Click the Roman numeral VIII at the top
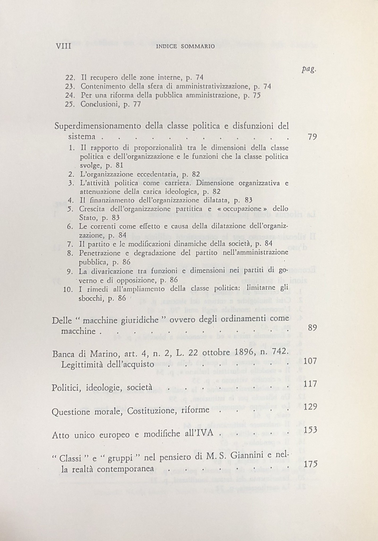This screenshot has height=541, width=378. pyautogui.click(x=63, y=46)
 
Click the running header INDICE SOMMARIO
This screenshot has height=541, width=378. pyautogui.click(x=186, y=47)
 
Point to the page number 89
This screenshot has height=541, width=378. pyautogui.click(x=312, y=327)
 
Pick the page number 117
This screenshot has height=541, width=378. pyautogui.click(x=310, y=384)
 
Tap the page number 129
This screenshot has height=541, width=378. pyautogui.click(x=310, y=407)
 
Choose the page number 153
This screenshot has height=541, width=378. pyautogui.click(x=310, y=430)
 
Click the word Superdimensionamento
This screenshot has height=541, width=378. pyautogui.click(x=97, y=126)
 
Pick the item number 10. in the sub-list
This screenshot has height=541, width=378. pyautogui.click(x=68, y=289)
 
